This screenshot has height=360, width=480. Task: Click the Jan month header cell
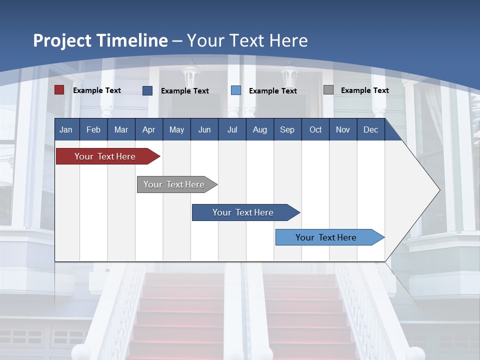click(x=66, y=129)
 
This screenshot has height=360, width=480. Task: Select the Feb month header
click(x=93, y=129)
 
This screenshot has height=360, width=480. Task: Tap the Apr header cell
click(x=149, y=129)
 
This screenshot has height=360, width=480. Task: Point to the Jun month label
click(x=204, y=129)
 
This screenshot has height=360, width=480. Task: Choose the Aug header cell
click(x=260, y=129)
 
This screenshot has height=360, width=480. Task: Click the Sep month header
click(x=287, y=129)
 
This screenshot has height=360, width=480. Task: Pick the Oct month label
click(x=315, y=129)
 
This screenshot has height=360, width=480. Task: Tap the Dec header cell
click(x=371, y=129)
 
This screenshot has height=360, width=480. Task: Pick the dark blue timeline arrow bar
click(x=243, y=212)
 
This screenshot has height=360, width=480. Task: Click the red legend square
click(x=59, y=90)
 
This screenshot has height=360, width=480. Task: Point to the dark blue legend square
click(x=147, y=90)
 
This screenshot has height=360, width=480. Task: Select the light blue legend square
click(x=236, y=90)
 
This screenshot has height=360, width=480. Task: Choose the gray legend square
click(x=328, y=90)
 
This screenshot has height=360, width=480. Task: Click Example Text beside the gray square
click(x=364, y=90)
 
